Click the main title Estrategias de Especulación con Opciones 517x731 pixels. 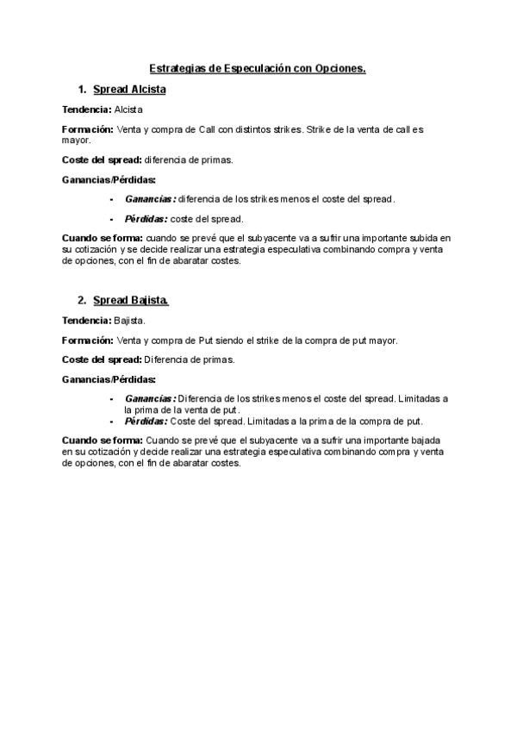pyautogui.click(x=258, y=67)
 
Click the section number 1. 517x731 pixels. pyautogui.click(x=81, y=90)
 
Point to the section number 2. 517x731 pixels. pyautogui.click(x=81, y=301)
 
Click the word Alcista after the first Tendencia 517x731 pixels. pyautogui.click(x=128, y=110)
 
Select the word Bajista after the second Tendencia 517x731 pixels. pyautogui.click(x=129, y=322)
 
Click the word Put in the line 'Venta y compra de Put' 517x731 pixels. pyautogui.click(x=207, y=341)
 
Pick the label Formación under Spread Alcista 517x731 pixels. pyautogui.click(x=88, y=129)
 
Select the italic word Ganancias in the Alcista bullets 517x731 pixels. pyautogui.click(x=150, y=199)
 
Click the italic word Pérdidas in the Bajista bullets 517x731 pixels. pyautogui.click(x=146, y=422)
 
